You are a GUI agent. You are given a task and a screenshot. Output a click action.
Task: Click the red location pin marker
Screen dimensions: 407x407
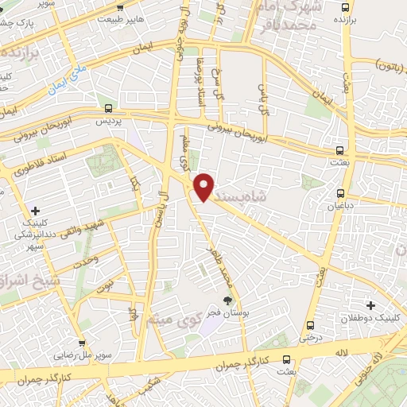204,186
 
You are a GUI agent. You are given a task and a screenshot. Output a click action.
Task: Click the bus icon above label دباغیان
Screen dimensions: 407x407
341,192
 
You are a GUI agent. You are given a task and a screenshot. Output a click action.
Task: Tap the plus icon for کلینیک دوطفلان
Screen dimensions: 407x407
370,304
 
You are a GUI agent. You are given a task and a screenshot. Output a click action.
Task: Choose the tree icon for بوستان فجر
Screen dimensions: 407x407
228,300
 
